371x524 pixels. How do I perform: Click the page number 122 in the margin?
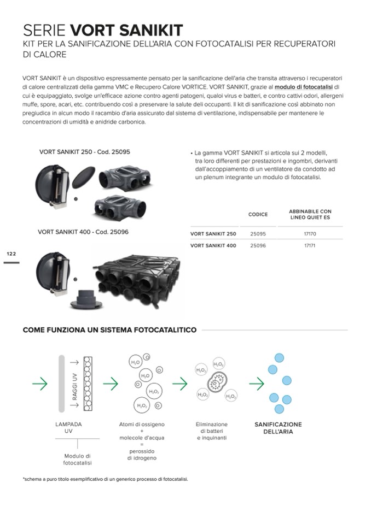click(x=11, y=254)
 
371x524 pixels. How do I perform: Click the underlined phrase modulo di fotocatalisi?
click(x=304, y=87)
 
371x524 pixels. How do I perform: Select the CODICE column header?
click(x=258, y=215)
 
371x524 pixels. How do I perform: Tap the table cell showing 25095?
click(x=258, y=234)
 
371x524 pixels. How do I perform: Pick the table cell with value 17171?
click(x=310, y=246)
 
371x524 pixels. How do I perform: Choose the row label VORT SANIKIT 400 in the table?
click(x=213, y=246)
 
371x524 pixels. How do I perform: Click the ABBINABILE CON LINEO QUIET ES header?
click(x=310, y=215)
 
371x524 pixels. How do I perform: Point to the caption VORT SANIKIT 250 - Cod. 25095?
click(x=85, y=151)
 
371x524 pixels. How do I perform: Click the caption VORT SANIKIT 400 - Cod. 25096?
click(x=83, y=232)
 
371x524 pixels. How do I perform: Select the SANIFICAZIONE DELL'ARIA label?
click(x=278, y=428)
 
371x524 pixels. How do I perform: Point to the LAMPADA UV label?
click(x=68, y=428)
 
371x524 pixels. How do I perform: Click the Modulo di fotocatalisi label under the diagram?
click(x=77, y=460)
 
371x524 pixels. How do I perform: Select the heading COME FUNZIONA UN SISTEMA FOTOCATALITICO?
click(x=109, y=330)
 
